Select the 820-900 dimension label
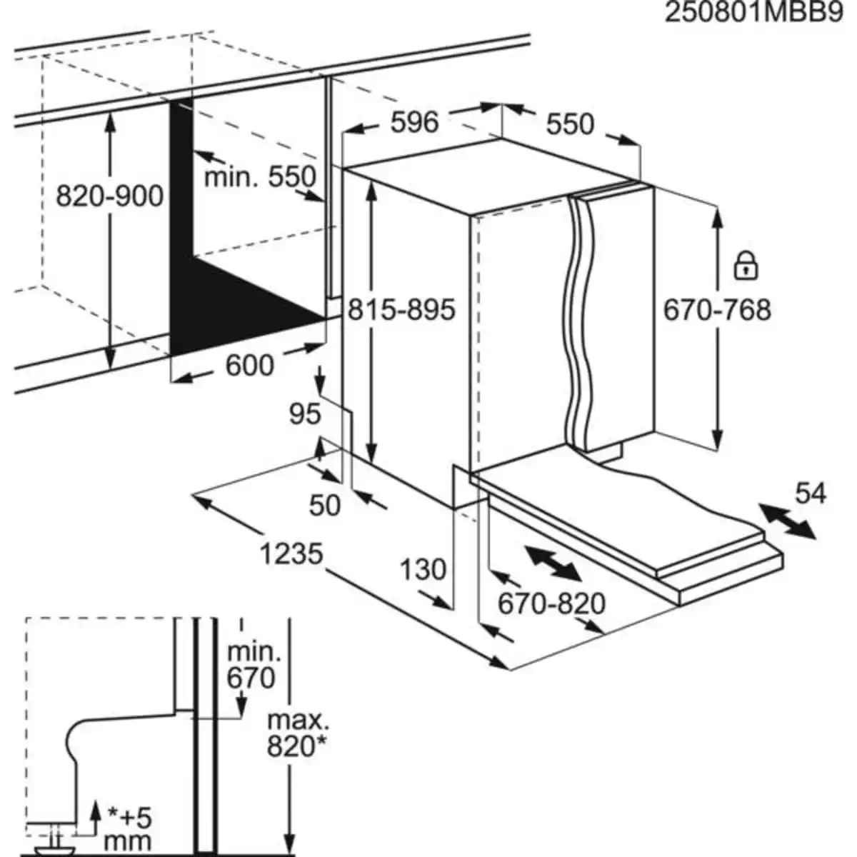point(110,196)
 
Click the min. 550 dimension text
point(260,176)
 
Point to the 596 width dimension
point(415,122)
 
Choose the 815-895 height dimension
point(401,309)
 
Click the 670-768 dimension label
point(717,309)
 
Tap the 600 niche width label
point(249,366)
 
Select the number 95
point(305,414)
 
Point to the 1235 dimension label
point(291,553)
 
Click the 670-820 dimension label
point(551,604)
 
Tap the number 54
point(810,493)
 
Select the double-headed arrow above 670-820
point(552,563)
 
